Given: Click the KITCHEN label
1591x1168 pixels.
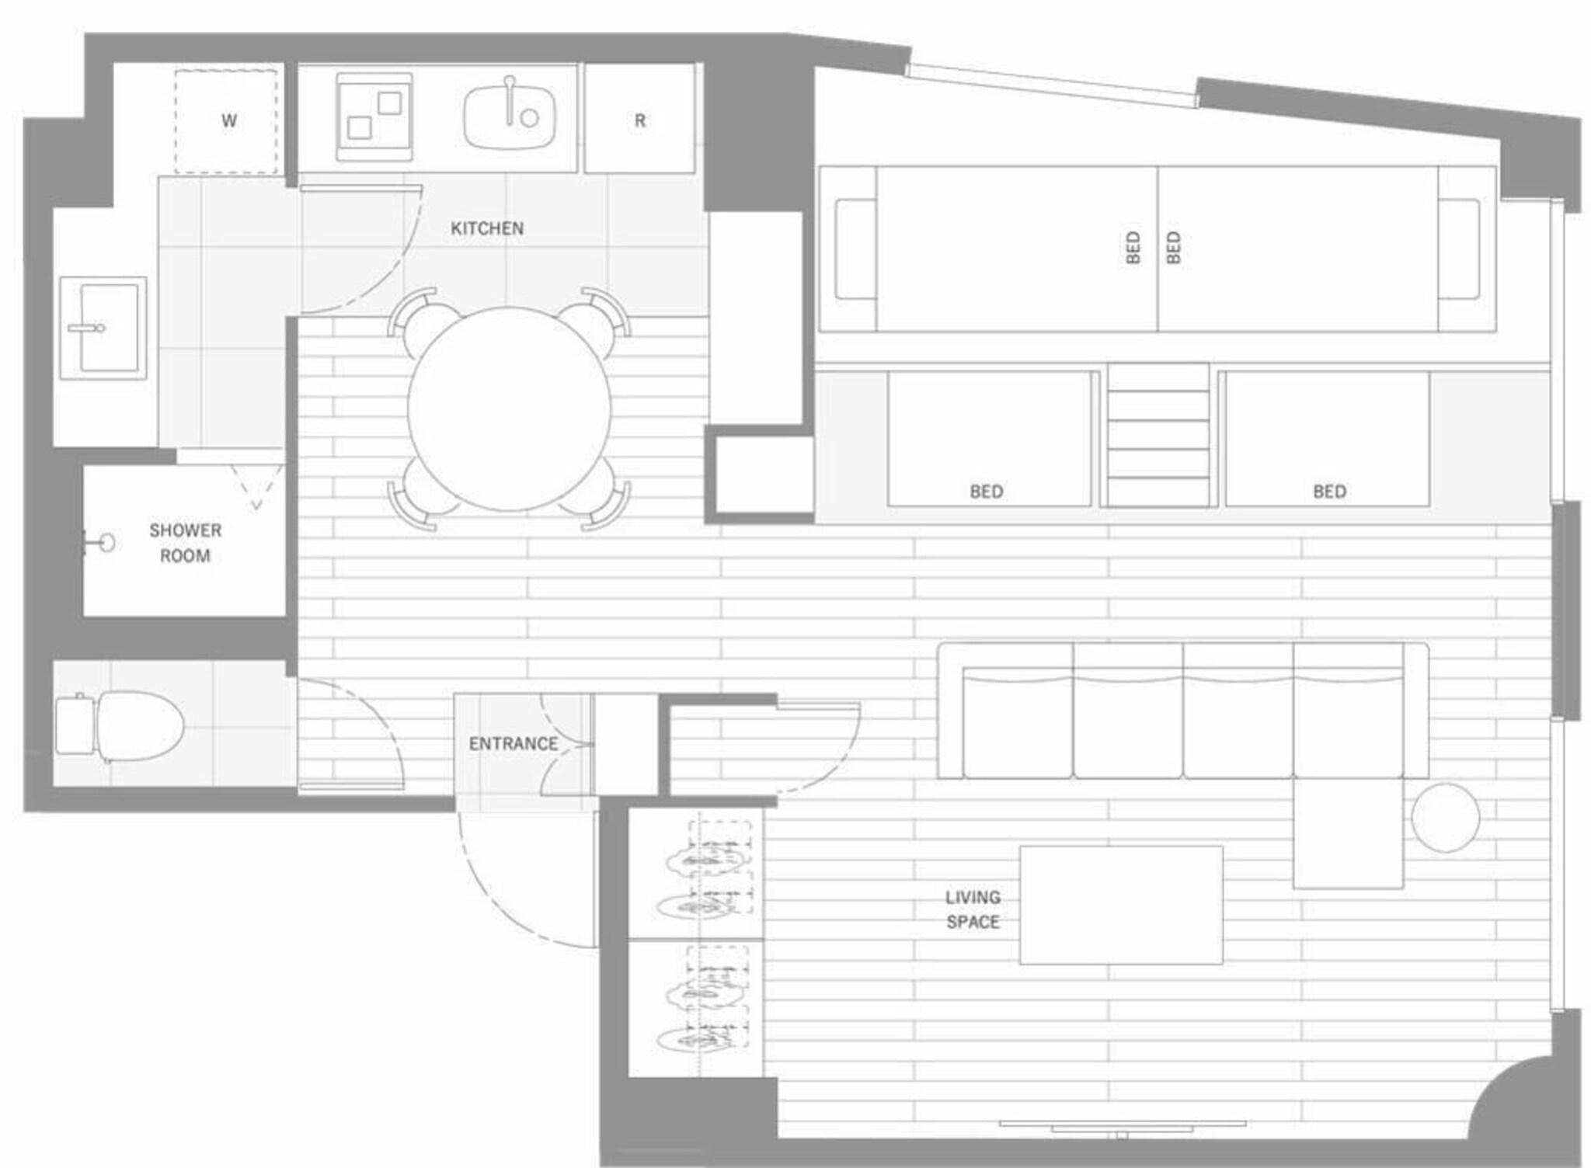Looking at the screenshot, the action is click(487, 228).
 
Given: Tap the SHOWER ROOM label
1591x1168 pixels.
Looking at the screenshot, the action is click(185, 543).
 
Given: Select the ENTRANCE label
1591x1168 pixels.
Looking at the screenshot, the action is click(514, 743).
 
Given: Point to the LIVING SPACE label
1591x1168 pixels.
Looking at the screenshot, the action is click(973, 909).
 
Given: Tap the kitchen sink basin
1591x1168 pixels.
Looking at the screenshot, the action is click(510, 116).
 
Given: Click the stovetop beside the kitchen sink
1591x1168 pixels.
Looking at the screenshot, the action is click(374, 117).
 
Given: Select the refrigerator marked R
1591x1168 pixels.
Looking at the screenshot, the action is click(639, 119).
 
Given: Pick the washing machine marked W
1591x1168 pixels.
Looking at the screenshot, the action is click(226, 120).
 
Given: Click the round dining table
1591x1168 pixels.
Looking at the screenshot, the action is click(509, 409).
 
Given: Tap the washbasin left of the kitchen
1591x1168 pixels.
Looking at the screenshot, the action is click(103, 328).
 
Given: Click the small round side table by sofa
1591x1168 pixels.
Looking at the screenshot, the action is click(1445, 818).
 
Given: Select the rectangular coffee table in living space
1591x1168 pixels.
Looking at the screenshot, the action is click(1121, 905).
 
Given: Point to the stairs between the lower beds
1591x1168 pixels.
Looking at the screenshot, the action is click(1158, 435).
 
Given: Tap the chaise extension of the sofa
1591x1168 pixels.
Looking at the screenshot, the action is click(1348, 833).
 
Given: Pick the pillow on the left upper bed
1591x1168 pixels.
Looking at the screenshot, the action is click(855, 249).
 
